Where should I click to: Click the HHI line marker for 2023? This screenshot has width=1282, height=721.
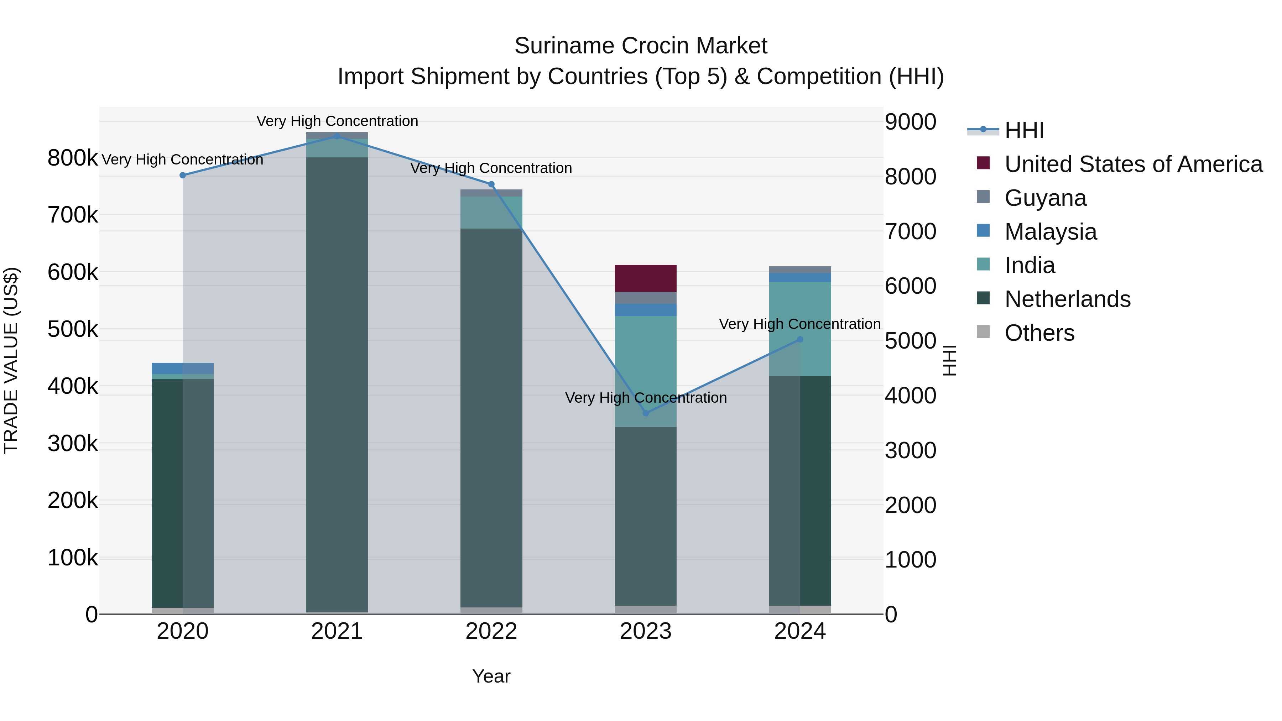click(646, 413)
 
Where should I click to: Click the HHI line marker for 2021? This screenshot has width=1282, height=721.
click(337, 136)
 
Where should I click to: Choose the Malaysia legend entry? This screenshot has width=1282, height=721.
click(1050, 231)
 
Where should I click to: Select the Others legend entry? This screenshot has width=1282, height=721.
click(1039, 333)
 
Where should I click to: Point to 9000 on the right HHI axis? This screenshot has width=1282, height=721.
click(910, 121)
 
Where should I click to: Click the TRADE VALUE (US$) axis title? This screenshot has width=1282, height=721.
click(11, 360)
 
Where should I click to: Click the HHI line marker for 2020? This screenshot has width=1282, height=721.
click(183, 175)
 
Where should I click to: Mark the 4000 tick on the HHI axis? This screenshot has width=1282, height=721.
click(910, 396)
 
